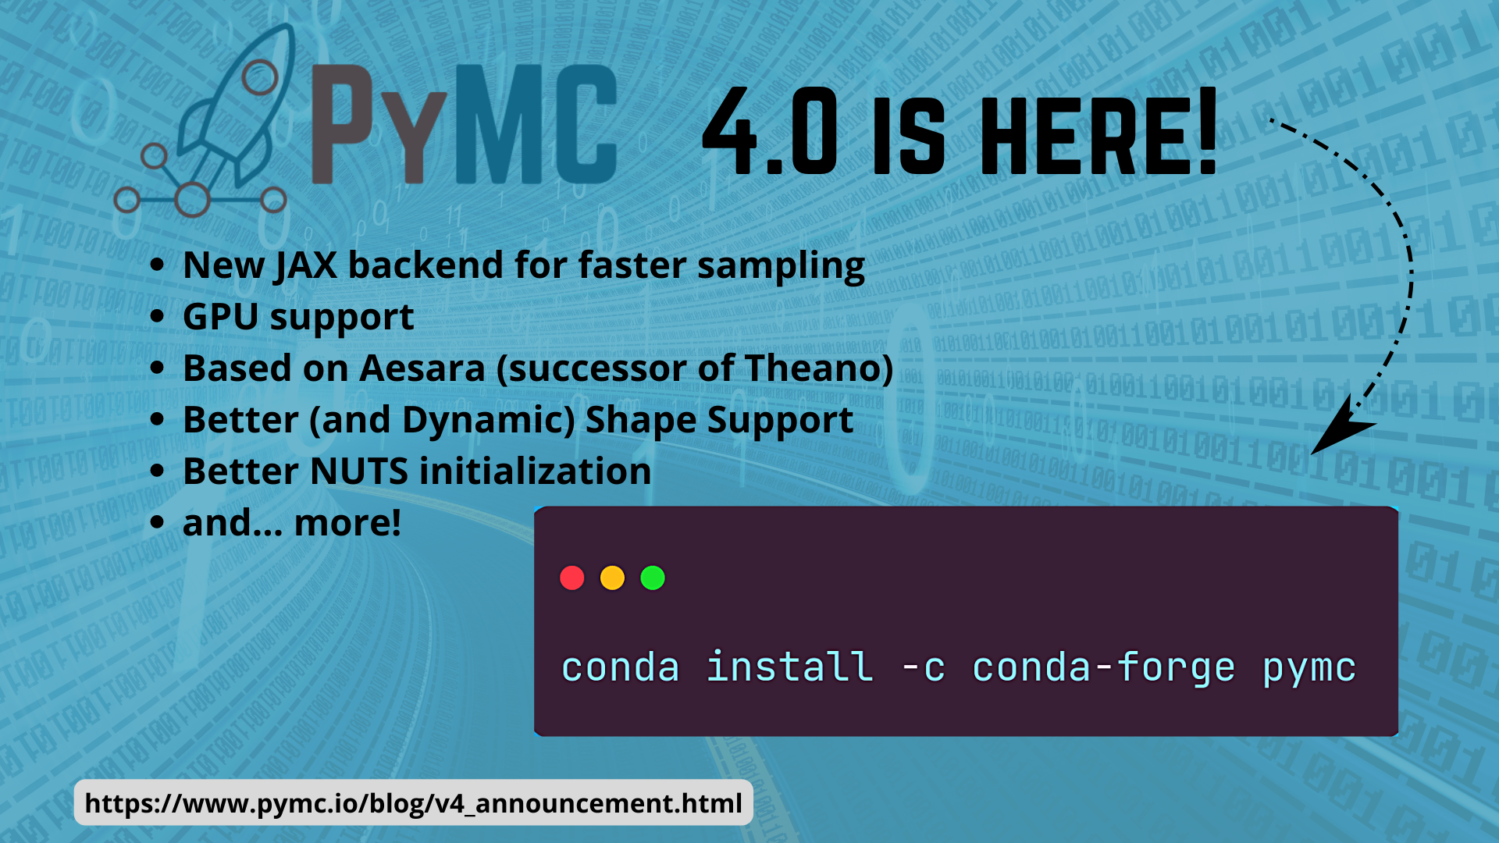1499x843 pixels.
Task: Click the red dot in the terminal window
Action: click(572, 578)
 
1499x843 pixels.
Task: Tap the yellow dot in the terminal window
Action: click(612, 578)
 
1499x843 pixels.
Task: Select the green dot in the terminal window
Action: click(653, 578)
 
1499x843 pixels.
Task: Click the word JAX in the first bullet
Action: click(305, 265)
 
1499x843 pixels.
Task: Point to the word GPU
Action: click(221, 317)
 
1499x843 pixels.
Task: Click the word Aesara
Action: click(422, 368)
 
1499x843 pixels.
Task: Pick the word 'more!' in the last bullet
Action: click(347, 523)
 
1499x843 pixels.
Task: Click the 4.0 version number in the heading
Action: click(770, 131)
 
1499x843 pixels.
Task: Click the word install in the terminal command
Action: click(789, 667)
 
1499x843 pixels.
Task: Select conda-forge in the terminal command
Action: click(1103, 669)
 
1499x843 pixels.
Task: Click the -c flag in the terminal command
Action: click(923, 669)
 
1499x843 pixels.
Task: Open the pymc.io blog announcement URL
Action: click(414, 803)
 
